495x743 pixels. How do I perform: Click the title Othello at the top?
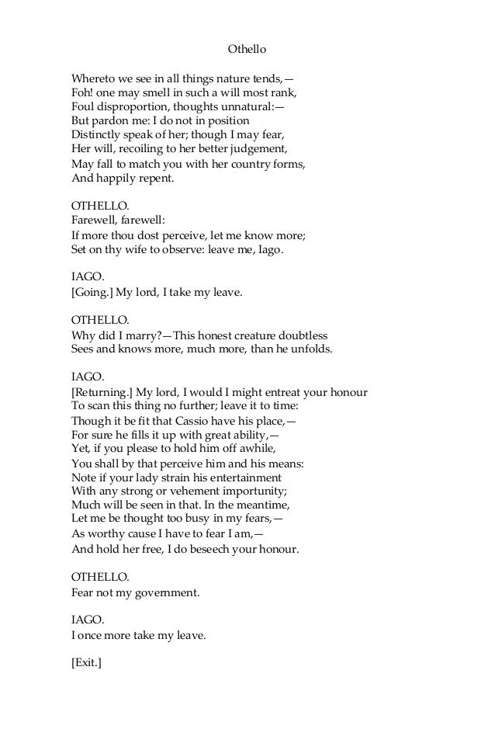click(247, 49)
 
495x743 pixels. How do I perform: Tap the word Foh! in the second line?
click(81, 92)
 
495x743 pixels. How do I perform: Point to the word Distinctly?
click(97, 135)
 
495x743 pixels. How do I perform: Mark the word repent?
click(154, 178)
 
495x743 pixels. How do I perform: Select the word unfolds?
click(310, 349)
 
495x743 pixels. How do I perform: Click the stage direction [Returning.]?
click(102, 392)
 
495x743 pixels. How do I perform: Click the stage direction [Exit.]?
click(86, 665)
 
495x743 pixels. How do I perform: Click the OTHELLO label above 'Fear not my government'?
click(99, 578)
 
